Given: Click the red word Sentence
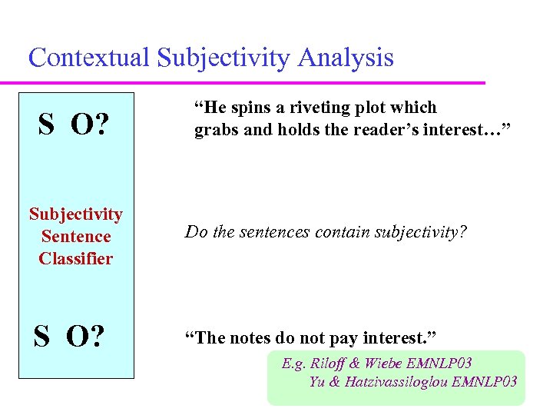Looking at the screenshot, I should pos(76,237).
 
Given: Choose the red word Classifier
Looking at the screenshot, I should pos(76,258).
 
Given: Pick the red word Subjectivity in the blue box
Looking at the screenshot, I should pos(76,214).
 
